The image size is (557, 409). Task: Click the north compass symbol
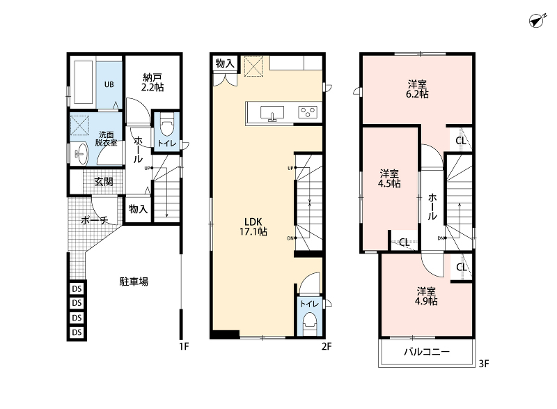pyautogui.click(x=537, y=21)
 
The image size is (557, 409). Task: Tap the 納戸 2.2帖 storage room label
pyautogui.click(x=152, y=82)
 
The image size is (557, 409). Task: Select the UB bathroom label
pyautogui.click(x=109, y=84)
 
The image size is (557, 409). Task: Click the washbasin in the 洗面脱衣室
pyautogui.click(x=81, y=154)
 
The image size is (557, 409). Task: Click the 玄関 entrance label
pyautogui.click(x=104, y=182)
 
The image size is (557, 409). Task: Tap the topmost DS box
pyautogui.click(x=77, y=288)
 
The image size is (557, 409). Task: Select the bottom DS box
pyautogui.click(x=77, y=332)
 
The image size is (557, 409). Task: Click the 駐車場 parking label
pyautogui.click(x=134, y=281)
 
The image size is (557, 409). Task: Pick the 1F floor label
pyautogui.click(x=184, y=346)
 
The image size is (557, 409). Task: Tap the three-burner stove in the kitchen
pyautogui.click(x=308, y=112)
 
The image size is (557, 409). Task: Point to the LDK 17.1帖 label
pyautogui.click(x=253, y=226)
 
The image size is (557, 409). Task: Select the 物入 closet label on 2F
pyautogui.click(x=225, y=63)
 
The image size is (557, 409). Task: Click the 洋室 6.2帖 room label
pyautogui.click(x=417, y=89)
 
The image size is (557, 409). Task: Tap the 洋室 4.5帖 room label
pyautogui.click(x=389, y=179)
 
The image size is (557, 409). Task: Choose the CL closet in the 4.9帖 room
pyautogui.click(x=462, y=267)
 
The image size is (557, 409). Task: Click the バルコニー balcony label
pyautogui.click(x=427, y=352)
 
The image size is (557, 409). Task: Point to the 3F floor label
pyautogui.click(x=484, y=364)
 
